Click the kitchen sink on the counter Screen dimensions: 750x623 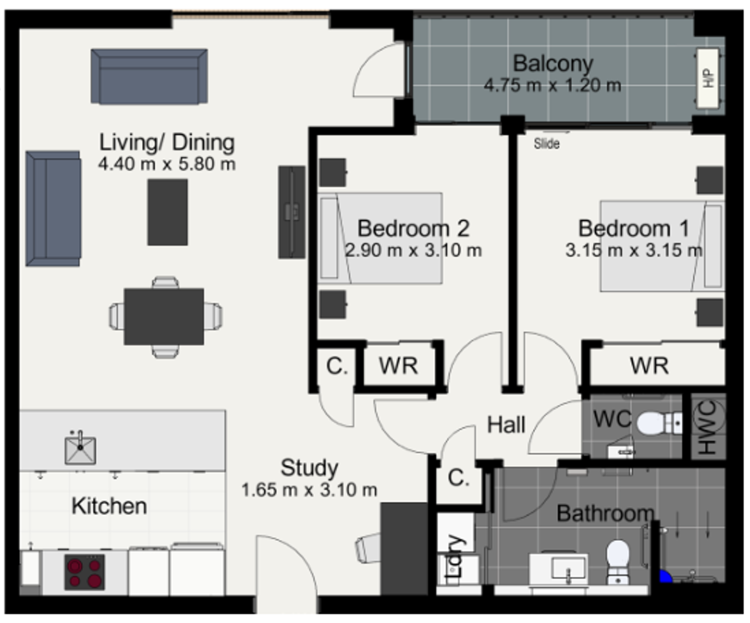(x=80, y=449)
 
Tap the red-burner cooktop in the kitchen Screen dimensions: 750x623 (x=85, y=572)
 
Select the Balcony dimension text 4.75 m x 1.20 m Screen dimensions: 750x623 (x=553, y=85)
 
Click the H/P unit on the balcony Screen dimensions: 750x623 (x=708, y=78)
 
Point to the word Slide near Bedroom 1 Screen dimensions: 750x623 (x=547, y=143)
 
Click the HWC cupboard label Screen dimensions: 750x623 (x=708, y=427)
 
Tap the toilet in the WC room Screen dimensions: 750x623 (x=659, y=423)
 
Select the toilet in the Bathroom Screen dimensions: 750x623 (x=618, y=563)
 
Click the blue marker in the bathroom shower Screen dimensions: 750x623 (x=665, y=577)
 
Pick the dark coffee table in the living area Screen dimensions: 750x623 (x=168, y=213)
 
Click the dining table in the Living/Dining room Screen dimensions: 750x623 (x=164, y=316)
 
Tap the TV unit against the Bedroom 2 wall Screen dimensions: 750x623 (x=292, y=212)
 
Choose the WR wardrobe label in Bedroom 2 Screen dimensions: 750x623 (x=399, y=366)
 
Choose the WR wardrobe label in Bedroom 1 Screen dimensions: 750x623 (x=649, y=366)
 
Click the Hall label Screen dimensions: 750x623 (x=506, y=425)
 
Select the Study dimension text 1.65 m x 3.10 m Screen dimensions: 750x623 (x=309, y=490)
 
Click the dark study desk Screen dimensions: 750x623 (x=404, y=549)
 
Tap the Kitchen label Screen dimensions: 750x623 (x=109, y=506)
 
